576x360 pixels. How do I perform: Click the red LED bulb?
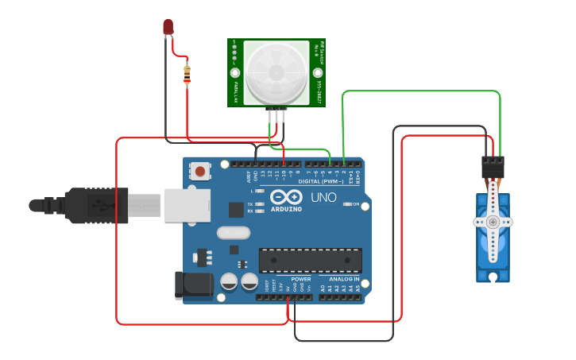pyautogui.click(x=168, y=27)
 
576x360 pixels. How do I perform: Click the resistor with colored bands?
pyautogui.click(x=187, y=74)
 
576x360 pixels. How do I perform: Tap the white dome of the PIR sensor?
pyautogui.click(x=275, y=73)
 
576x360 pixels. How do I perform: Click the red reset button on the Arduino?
pyautogui.click(x=200, y=171)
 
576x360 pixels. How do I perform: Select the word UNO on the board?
pyautogui.click(x=323, y=197)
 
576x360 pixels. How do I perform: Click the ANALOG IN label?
pyautogui.click(x=345, y=279)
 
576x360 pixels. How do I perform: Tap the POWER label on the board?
pyautogui.click(x=301, y=279)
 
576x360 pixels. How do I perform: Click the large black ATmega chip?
pyautogui.click(x=310, y=260)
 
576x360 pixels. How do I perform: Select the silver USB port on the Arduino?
pyautogui.click(x=187, y=205)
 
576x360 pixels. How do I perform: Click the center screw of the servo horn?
pyautogui.click(x=493, y=223)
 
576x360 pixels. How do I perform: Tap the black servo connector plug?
pyautogui.click(x=493, y=166)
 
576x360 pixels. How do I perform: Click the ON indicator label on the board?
pyautogui.click(x=355, y=204)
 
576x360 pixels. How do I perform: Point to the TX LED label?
pyautogui.click(x=250, y=203)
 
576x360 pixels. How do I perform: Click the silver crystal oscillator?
pyautogui.click(x=233, y=233)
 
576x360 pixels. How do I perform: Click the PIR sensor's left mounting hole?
pyautogui.click(x=235, y=72)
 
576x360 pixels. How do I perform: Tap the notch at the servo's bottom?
pyautogui.click(x=493, y=277)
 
